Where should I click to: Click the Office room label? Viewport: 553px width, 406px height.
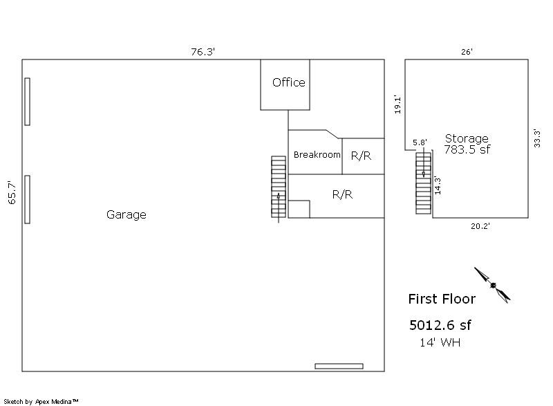(x=288, y=82)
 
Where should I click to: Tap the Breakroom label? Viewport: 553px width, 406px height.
(x=317, y=154)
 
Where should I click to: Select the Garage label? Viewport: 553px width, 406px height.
(x=126, y=214)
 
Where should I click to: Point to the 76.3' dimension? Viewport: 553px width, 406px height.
(x=203, y=51)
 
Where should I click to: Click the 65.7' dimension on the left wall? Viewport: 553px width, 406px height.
(x=12, y=192)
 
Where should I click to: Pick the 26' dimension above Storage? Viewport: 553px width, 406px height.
(x=467, y=52)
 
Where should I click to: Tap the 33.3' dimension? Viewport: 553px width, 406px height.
(x=537, y=138)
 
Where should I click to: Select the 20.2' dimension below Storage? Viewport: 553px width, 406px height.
(x=480, y=226)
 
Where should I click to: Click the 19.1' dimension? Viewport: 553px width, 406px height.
(x=397, y=104)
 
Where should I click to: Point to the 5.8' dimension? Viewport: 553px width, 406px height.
(x=420, y=142)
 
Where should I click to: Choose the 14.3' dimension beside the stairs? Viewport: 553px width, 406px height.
(x=438, y=185)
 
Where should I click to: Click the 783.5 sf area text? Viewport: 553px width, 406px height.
(x=467, y=149)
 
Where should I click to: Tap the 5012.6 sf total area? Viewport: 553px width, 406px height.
(x=440, y=325)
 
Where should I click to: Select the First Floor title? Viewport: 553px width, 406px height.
(x=442, y=299)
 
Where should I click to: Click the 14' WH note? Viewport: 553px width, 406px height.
(x=440, y=342)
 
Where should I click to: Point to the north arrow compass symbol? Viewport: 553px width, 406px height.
(x=492, y=285)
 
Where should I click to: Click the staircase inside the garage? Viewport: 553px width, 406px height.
(x=279, y=187)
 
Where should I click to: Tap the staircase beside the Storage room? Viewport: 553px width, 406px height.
(x=423, y=183)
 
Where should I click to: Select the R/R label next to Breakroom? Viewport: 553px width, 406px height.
(x=361, y=156)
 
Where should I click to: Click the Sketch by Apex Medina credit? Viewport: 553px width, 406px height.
(x=41, y=401)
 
